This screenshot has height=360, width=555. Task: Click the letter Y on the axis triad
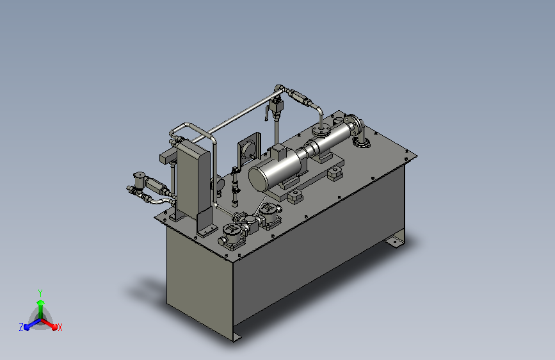pyautogui.click(x=40, y=293)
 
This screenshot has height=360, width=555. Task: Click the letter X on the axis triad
pyautogui.click(x=60, y=328)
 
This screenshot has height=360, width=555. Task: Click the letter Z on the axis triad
pyautogui.click(x=21, y=327)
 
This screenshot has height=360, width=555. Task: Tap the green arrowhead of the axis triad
pyautogui.click(x=41, y=302)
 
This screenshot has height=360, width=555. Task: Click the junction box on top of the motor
pyautogui.click(x=280, y=152)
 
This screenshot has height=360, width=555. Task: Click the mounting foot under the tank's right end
pyautogui.click(x=396, y=239)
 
